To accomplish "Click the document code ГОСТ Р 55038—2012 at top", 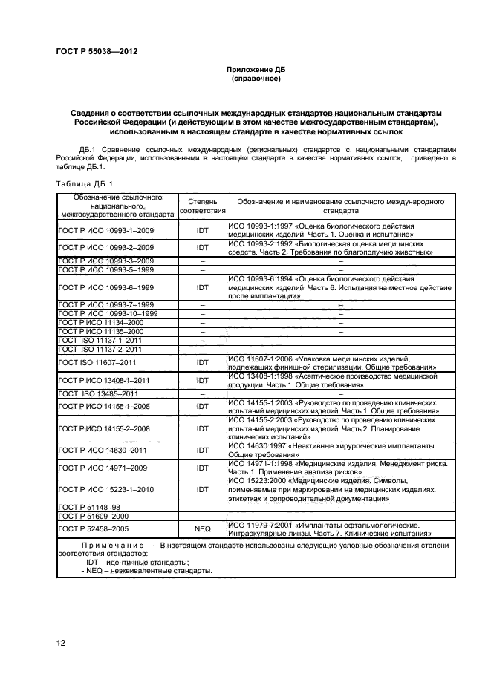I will [x=97, y=51].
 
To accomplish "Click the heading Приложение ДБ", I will [x=255, y=69].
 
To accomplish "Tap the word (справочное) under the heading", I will [x=255, y=78].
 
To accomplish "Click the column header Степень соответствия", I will [x=202, y=206].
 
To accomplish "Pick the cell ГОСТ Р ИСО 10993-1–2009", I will [x=105, y=230].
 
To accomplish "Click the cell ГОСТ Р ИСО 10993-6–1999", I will [x=105, y=287].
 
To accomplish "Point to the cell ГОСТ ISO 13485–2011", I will [x=98, y=393].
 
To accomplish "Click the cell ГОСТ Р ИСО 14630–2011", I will [x=103, y=450].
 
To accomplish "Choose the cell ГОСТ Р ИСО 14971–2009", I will [x=103, y=468].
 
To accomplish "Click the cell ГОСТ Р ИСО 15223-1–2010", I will [x=105, y=489].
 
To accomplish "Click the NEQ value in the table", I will [x=202, y=528].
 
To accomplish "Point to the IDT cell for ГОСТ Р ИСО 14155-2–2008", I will [x=202, y=428].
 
